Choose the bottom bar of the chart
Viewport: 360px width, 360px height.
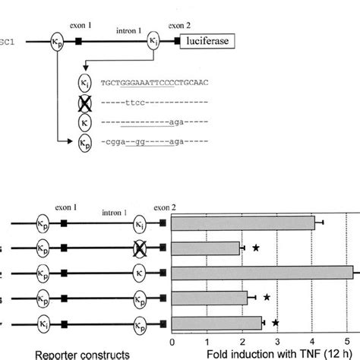coord(217,323)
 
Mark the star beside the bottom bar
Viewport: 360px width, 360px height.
coord(276,323)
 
